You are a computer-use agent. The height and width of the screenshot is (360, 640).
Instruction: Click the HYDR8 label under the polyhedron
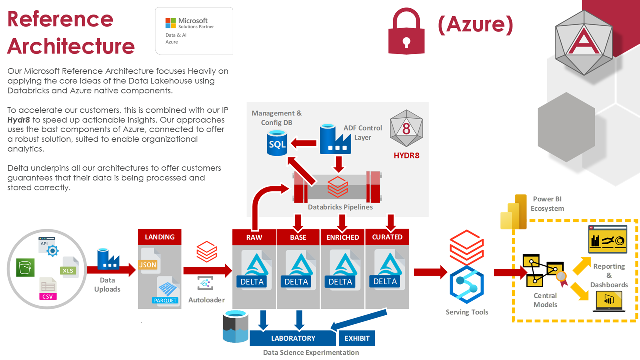(406, 155)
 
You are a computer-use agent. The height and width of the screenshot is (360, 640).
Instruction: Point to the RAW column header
(254, 237)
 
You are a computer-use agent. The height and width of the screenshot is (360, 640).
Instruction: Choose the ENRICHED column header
(342, 237)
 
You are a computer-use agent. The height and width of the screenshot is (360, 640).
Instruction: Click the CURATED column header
(387, 237)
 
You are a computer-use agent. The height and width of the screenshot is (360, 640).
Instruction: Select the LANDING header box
(159, 237)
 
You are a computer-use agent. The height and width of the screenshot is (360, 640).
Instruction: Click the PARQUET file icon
(165, 290)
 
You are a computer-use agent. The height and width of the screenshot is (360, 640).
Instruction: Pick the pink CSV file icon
(48, 289)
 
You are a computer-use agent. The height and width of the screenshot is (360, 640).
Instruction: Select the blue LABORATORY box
(293, 338)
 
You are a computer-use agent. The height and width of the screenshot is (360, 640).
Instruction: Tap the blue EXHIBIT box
(357, 338)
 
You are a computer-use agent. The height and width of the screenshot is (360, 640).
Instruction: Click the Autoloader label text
(206, 300)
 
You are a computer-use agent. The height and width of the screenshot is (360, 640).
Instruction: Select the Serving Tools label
(467, 312)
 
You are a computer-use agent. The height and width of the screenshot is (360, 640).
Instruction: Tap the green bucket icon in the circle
(24, 268)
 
